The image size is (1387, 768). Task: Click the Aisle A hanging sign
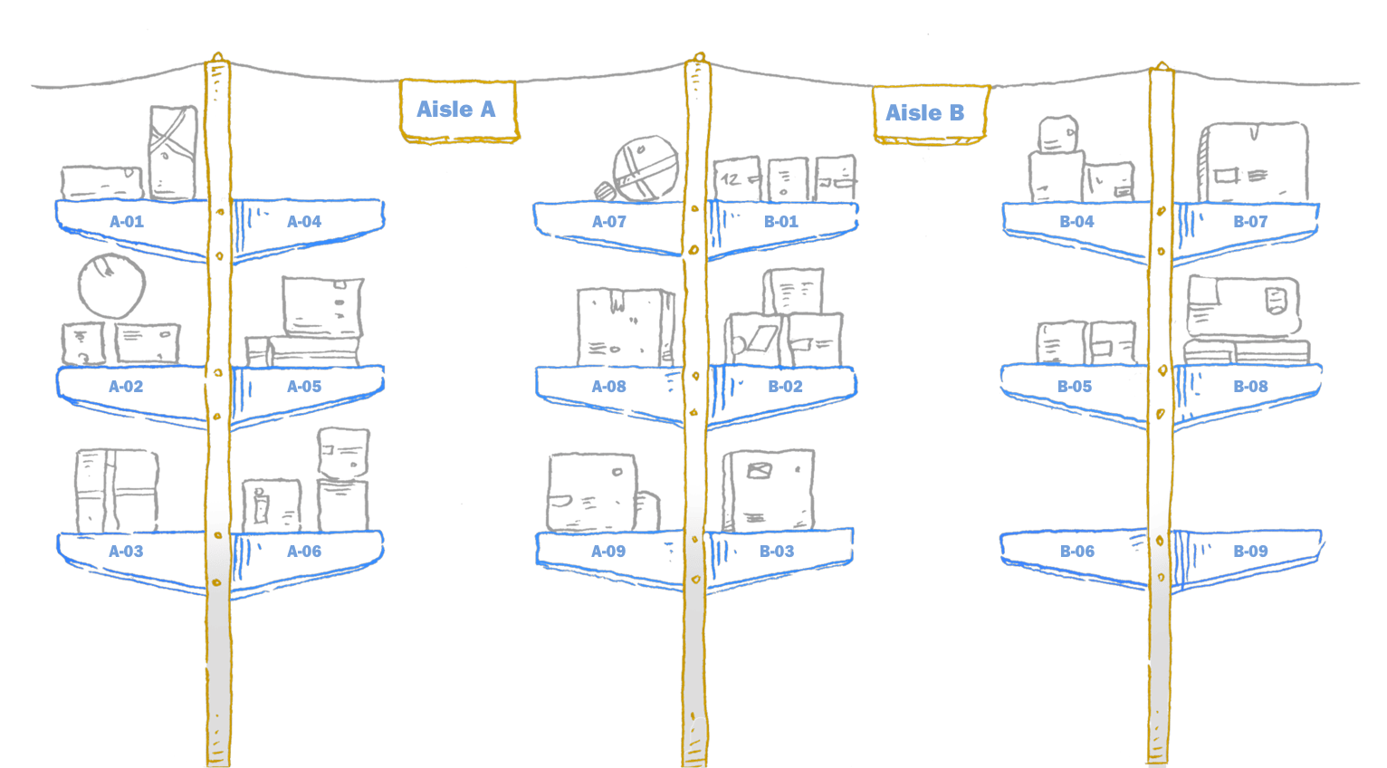point(458,110)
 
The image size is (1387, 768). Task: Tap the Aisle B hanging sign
point(929,114)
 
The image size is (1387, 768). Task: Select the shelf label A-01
point(127,222)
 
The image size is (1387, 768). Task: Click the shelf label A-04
point(304,222)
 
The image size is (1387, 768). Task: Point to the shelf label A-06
point(304,552)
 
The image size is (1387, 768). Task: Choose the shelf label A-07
point(609,222)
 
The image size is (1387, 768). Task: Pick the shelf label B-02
point(785,387)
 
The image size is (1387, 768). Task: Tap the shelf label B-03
point(777,552)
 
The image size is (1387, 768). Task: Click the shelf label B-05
point(1075,387)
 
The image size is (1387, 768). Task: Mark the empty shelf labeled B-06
point(1076,552)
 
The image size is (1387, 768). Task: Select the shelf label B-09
point(1250,552)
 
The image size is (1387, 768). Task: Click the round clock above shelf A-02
point(111,285)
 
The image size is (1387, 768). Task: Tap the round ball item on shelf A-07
point(645,168)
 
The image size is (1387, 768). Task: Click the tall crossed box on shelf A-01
point(173,151)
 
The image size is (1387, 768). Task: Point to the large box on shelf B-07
point(1254,163)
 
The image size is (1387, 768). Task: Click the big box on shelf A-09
point(593,492)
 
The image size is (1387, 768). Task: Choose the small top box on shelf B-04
point(1057,134)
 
